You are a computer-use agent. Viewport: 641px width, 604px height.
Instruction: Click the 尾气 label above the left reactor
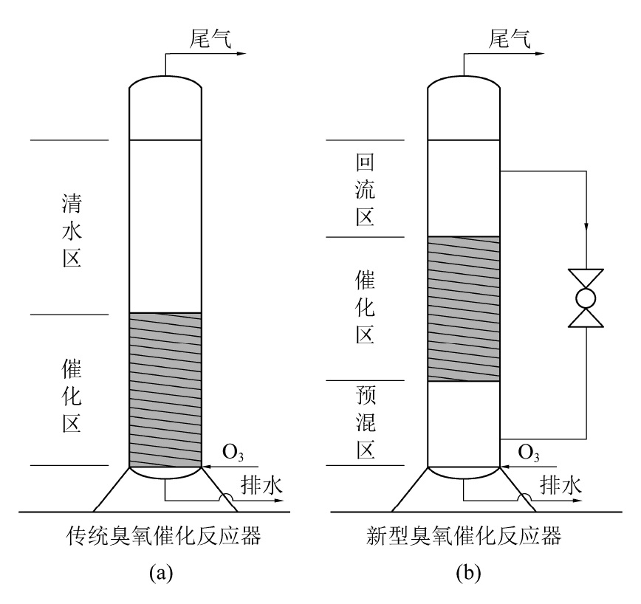tap(210, 39)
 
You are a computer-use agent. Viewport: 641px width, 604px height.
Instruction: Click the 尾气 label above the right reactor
tap(510, 39)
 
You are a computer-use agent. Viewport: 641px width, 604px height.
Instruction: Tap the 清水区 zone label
tap(72, 231)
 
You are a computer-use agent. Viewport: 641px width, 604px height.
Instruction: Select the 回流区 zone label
tap(365, 190)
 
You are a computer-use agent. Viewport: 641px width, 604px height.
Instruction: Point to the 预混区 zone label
tap(366, 422)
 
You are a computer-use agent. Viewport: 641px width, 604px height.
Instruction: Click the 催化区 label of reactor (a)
tap(72, 396)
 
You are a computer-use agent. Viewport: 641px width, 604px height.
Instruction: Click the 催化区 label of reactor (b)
tap(365, 307)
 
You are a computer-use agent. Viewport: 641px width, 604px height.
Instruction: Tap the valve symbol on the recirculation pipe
tap(586, 298)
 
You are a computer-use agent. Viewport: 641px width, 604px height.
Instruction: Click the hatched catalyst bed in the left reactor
tap(165, 390)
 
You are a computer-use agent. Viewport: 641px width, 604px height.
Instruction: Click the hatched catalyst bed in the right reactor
tap(464, 309)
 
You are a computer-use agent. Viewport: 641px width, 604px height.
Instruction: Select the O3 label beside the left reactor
tap(233, 453)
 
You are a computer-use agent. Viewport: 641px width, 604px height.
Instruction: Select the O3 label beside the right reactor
tap(529, 453)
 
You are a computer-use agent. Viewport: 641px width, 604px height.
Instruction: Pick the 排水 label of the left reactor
tap(261, 485)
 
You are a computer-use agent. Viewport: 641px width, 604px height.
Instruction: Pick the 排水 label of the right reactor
tap(561, 485)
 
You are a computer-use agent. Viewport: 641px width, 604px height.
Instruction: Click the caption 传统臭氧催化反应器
tap(163, 536)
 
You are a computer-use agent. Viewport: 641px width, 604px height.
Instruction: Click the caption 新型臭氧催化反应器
tap(464, 536)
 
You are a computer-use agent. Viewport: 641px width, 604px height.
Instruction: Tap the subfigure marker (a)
tap(161, 573)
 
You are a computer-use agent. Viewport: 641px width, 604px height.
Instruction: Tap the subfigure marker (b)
tap(468, 573)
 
